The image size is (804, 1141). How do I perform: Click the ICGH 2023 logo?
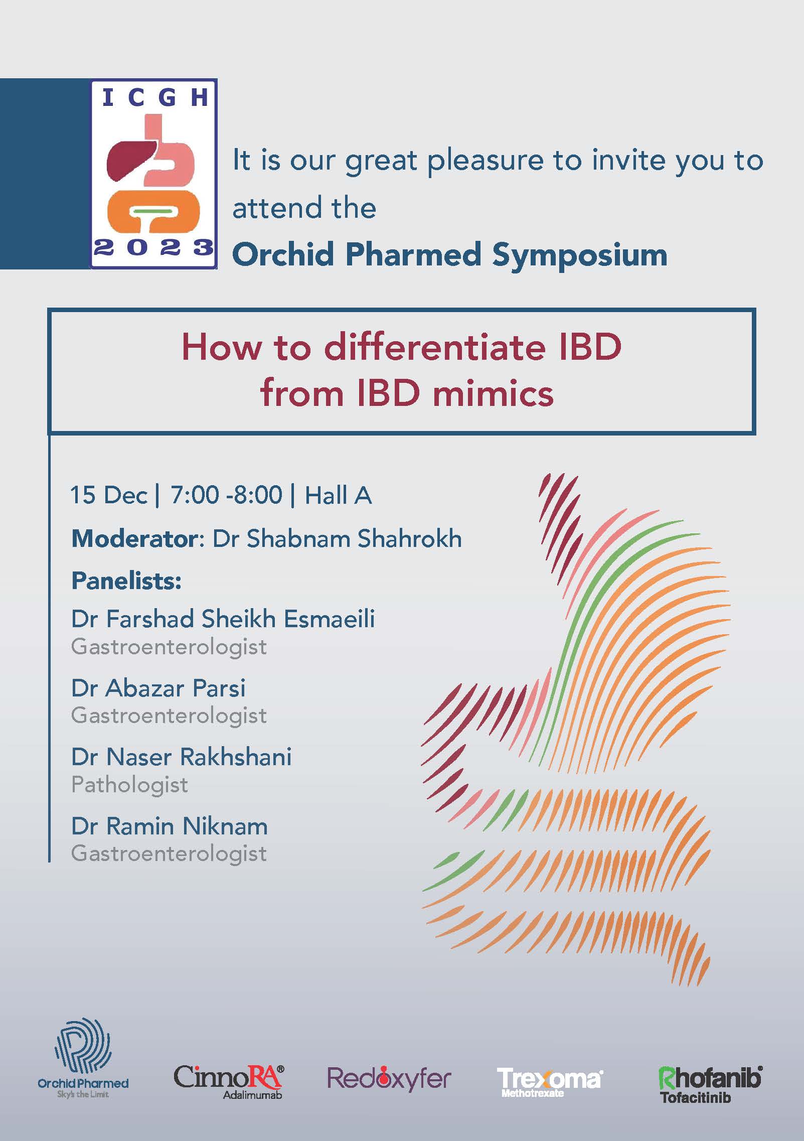click(x=153, y=174)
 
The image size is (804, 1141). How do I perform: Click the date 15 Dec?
click(x=109, y=495)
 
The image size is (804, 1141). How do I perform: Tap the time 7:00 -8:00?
click(x=226, y=495)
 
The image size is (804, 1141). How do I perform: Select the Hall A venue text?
click(x=339, y=495)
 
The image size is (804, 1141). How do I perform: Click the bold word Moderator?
click(x=135, y=539)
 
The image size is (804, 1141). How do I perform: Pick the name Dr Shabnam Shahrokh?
click(x=337, y=539)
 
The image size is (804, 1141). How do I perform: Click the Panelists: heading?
click(x=126, y=581)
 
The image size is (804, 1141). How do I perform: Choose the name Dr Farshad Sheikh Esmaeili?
click(x=223, y=619)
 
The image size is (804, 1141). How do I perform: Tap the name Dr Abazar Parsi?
click(x=158, y=688)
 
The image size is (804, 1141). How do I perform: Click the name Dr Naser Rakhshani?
click(x=182, y=757)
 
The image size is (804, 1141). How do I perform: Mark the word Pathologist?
click(x=129, y=785)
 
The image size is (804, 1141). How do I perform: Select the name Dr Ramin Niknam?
click(x=170, y=826)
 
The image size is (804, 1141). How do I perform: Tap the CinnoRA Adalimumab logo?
click(x=228, y=1082)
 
